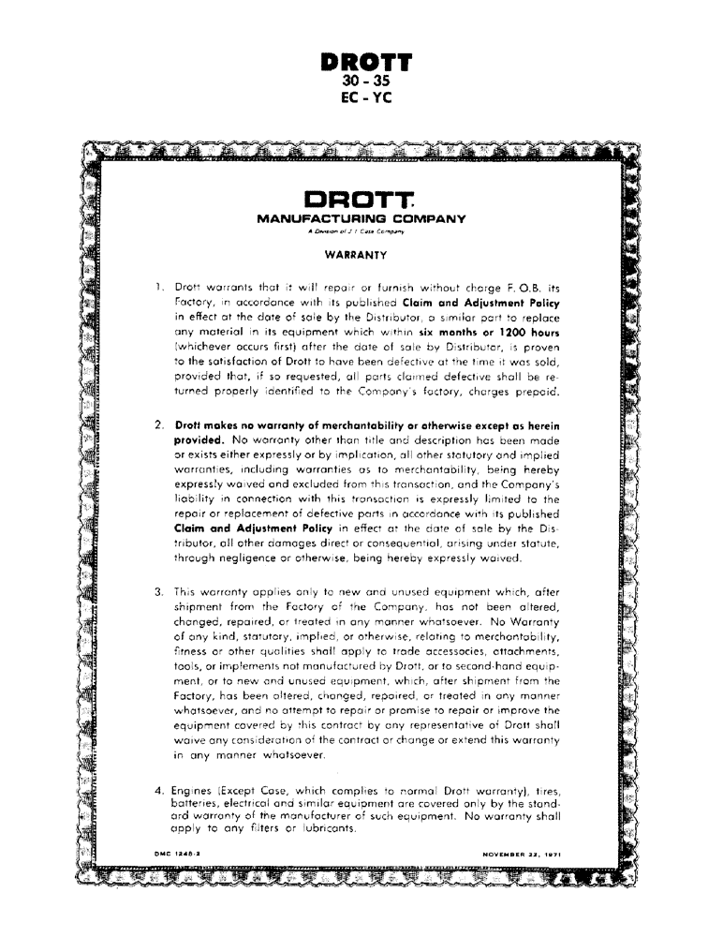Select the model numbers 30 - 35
[365, 82]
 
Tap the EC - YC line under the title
[365, 97]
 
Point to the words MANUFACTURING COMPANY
[361, 219]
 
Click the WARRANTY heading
[350, 254]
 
